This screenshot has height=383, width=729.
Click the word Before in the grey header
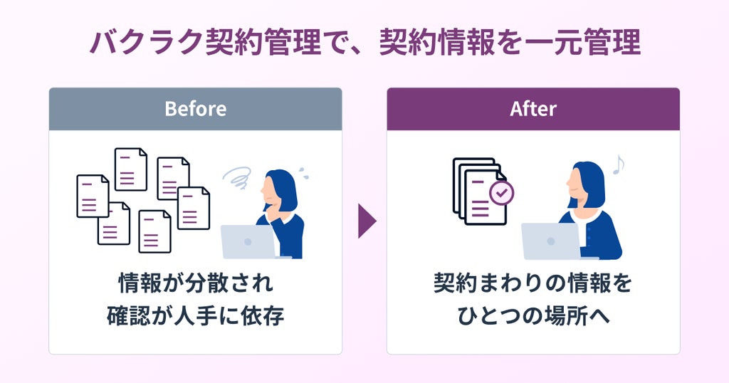coord(195,109)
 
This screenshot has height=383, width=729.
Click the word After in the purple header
coord(533,109)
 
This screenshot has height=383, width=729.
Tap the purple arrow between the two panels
coord(367,221)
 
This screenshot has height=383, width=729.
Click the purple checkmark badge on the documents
coord(502,193)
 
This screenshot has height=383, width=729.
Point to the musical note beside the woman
coord(619,164)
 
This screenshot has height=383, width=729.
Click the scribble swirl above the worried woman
coord(238,177)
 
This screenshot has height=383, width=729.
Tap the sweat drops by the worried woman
coord(303,173)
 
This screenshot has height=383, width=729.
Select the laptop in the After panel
coord(551,241)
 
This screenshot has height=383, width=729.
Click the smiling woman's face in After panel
coord(575,184)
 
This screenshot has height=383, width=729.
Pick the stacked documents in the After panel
coord(480,191)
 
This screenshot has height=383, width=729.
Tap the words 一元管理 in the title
coord(583,43)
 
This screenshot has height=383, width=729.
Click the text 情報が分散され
coord(195,283)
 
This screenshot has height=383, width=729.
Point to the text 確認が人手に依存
coord(195,316)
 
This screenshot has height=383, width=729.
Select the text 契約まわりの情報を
coord(533,283)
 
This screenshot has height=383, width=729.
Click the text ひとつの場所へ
coord(533,316)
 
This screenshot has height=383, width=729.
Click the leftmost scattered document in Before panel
coord(93,196)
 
